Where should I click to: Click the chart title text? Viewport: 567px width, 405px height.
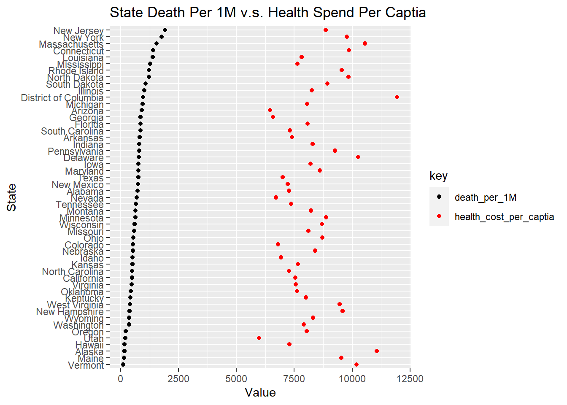(267, 13)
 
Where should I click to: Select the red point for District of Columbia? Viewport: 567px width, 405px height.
(397, 97)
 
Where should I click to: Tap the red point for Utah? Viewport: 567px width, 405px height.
(259, 338)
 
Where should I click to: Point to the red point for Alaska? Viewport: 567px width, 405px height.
(377, 351)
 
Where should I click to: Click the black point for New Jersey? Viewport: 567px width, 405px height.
(165, 30)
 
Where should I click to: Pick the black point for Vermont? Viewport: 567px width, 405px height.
(123, 364)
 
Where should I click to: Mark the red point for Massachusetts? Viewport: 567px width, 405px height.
(365, 43)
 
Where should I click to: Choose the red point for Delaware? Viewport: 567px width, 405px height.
(358, 157)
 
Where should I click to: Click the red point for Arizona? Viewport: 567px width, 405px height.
(270, 110)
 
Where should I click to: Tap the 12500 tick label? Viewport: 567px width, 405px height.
(410, 379)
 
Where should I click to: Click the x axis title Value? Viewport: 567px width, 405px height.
(260, 393)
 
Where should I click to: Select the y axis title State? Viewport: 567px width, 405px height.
(12, 197)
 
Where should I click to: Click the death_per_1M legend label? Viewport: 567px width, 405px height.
(485, 197)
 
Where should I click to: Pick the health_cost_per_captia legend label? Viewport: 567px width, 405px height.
(504, 217)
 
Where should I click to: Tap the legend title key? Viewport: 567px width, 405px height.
(438, 176)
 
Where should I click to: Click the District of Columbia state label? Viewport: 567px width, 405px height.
(62, 98)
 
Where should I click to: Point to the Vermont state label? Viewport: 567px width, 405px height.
(86, 365)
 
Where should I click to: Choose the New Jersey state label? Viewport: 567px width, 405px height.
(78, 31)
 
